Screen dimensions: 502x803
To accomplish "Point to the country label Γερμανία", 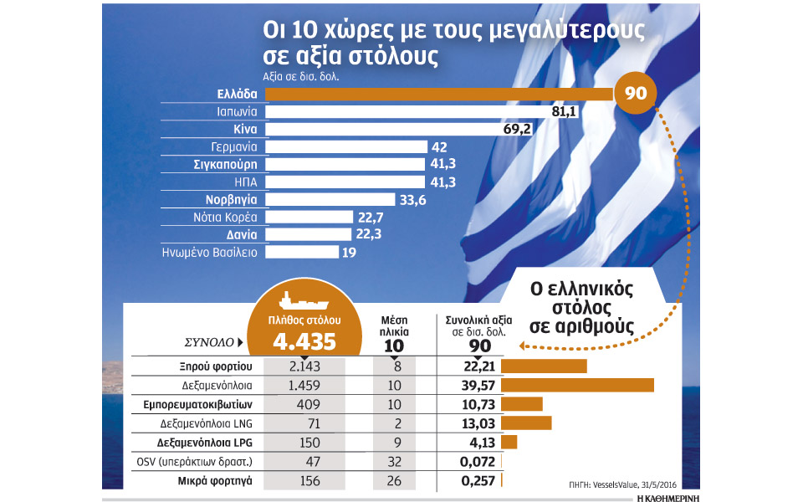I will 235,147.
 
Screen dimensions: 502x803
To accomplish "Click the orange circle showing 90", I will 636,92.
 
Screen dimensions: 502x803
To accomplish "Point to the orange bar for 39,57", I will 578,384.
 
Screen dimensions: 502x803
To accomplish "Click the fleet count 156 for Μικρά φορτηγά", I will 304,480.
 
